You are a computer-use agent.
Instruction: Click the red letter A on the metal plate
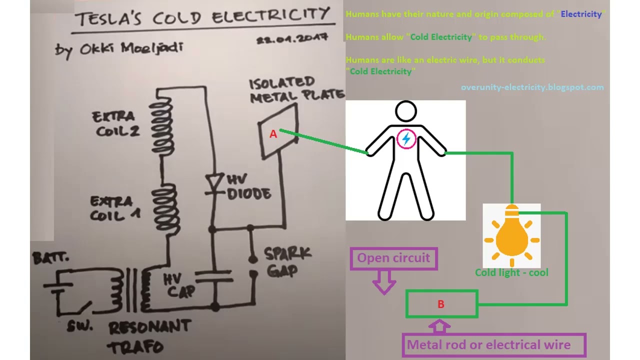[273, 134]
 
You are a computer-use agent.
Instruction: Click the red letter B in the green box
[440, 304]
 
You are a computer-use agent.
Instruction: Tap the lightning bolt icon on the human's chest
[406, 139]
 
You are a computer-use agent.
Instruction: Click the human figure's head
[405, 111]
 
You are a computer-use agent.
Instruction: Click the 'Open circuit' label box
[393, 258]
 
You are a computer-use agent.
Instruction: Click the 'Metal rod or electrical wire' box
[488, 344]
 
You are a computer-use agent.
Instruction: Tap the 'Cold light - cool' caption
[511, 272]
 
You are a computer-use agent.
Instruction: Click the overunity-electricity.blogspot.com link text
[532, 87]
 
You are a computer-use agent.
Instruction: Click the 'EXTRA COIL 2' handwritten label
[114, 123]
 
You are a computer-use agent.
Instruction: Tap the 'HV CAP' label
[179, 284]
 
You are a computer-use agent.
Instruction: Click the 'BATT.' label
[50, 258]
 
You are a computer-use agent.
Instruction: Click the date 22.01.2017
[292, 39]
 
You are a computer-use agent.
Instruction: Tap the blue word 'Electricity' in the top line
[581, 14]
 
